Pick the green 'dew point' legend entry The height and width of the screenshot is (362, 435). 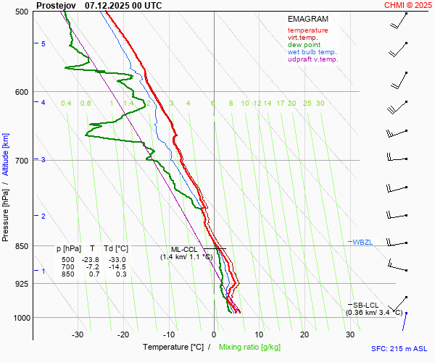(304, 45)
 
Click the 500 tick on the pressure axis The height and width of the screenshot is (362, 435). (21, 12)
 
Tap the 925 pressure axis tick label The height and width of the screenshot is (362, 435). (21, 284)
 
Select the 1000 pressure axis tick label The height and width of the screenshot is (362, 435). (20, 318)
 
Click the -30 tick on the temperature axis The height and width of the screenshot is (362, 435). (78, 334)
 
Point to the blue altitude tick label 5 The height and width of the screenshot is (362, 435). (43, 44)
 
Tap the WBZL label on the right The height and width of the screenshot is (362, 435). (362, 241)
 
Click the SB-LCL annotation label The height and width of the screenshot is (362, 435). (366, 305)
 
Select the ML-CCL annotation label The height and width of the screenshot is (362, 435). (184, 249)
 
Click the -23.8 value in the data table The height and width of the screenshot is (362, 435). (92, 260)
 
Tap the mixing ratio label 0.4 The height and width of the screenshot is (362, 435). (66, 104)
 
